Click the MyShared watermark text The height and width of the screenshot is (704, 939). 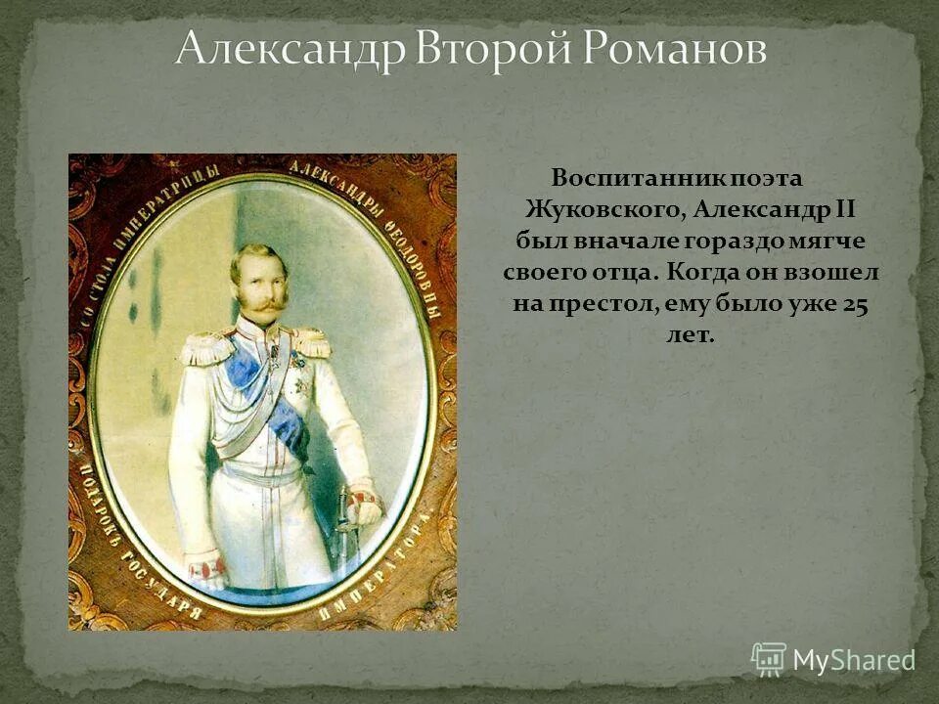point(853,660)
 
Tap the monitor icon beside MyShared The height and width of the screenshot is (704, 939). point(769,659)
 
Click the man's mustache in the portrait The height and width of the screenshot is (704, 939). point(261,304)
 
